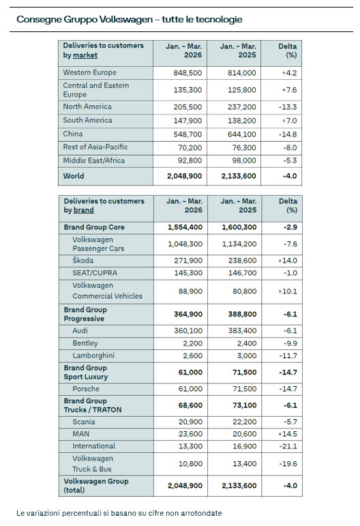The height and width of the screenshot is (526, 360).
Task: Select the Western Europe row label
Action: click(x=89, y=72)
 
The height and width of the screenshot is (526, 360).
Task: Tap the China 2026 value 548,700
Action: click(x=187, y=134)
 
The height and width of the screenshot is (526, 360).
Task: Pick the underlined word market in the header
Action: click(x=85, y=55)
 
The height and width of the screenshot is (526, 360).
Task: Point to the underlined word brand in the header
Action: click(x=83, y=210)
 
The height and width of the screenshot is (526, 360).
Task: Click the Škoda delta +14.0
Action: click(x=288, y=261)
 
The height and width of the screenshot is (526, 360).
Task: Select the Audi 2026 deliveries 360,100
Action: click(x=188, y=331)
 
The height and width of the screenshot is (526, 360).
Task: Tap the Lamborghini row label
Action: click(x=93, y=355)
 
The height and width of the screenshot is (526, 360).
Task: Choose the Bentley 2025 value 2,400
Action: click(x=247, y=343)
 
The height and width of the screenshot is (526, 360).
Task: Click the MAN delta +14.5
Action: click(x=288, y=434)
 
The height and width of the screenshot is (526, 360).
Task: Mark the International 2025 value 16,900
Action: click(x=245, y=446)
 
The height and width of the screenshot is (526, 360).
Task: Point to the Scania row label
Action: click(x=83, y=422)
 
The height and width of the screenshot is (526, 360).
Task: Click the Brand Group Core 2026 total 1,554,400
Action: click(x=185, y=227)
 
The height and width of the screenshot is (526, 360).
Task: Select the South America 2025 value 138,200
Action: click(x=241, y=121)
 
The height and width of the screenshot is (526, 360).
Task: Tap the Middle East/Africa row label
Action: click(x=94, y=160)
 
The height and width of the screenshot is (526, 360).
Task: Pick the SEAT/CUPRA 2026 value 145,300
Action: click(x=188, y=273)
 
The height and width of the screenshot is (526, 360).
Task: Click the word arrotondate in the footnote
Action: click(x=201, y=513)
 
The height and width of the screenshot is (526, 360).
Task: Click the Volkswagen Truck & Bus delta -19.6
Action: click(x=288, y=464)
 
